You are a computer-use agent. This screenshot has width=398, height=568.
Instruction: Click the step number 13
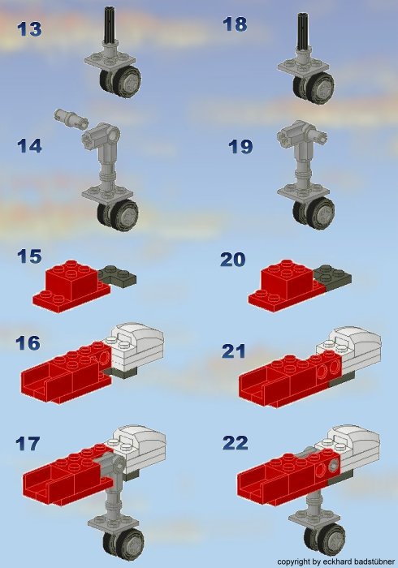pyautogui.click(x=29, y=30)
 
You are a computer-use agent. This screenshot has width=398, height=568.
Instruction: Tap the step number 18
pyautogui.click(x=235, y=24)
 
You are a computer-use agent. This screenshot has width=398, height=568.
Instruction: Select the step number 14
pyautogui.click(x=29, y=147)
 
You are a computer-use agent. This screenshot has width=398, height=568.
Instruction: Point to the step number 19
pyautogui.click(x=240, y=147)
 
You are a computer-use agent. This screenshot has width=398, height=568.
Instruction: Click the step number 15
pyautogui.click(x=29, y=256)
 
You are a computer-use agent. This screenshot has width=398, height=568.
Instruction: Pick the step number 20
pyautogui.click(x=233, y=260)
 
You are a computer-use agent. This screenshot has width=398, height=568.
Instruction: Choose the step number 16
pyautogui.click(x=28, y=343)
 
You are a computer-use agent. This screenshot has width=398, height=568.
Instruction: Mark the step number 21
pyautogui.click(x=234, y=350)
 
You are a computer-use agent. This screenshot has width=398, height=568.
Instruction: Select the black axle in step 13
pyautogui.click(x=110, y=24)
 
